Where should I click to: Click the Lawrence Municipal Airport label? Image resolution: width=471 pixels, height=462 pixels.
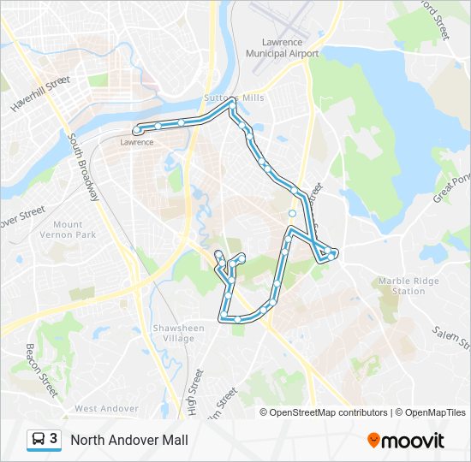(x=282, y=48)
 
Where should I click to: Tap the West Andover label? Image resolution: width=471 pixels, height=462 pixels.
(x=106, y=409)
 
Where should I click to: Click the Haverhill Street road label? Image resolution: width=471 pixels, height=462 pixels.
(x=40, y=94)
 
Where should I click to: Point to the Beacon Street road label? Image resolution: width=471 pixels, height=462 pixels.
(x=40, y=370)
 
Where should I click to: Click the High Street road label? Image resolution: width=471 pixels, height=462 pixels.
(x=197, y=390)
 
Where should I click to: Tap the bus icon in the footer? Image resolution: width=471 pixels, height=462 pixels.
(x=39, y=440)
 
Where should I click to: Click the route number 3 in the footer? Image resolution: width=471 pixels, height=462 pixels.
(x=54, y=440)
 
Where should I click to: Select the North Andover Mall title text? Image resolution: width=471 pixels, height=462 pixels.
(x=128, y=441)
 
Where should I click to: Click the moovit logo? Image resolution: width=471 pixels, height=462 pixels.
(x=406, y=441)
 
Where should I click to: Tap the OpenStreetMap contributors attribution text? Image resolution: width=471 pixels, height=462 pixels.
(x=330, y=412)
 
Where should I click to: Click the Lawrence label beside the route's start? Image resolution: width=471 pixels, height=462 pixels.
(x=136, y=142)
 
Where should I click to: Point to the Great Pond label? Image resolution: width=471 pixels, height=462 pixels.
(x=451, y=187)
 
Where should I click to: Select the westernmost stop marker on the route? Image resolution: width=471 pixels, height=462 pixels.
(x=137, y=130)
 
